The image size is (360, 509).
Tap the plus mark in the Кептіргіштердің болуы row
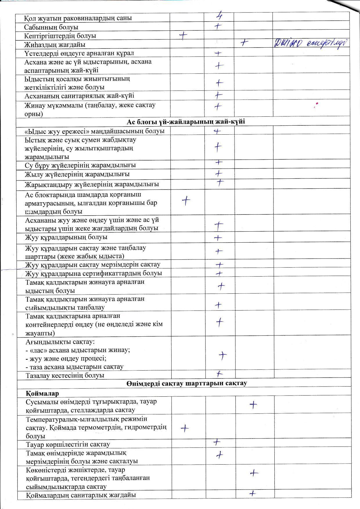click(183, 35)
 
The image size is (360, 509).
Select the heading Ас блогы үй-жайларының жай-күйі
click(186, 121)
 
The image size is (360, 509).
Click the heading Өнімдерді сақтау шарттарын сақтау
click(187, 383)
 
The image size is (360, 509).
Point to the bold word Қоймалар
click(42, 393)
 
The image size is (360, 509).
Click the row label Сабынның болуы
click(51, 27)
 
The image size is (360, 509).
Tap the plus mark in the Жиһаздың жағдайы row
click(244, 43)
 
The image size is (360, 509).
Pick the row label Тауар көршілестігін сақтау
click(68, 444)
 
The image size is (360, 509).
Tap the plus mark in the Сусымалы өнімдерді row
click(253, 405)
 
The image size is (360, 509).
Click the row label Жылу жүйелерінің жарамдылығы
click(77, 174)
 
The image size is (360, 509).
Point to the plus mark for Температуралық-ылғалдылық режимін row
click(185, 428)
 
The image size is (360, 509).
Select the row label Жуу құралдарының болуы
click(66, 237)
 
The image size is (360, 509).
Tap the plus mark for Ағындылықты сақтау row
click(222, 355)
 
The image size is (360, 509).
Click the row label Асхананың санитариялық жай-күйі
click(79, 96)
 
